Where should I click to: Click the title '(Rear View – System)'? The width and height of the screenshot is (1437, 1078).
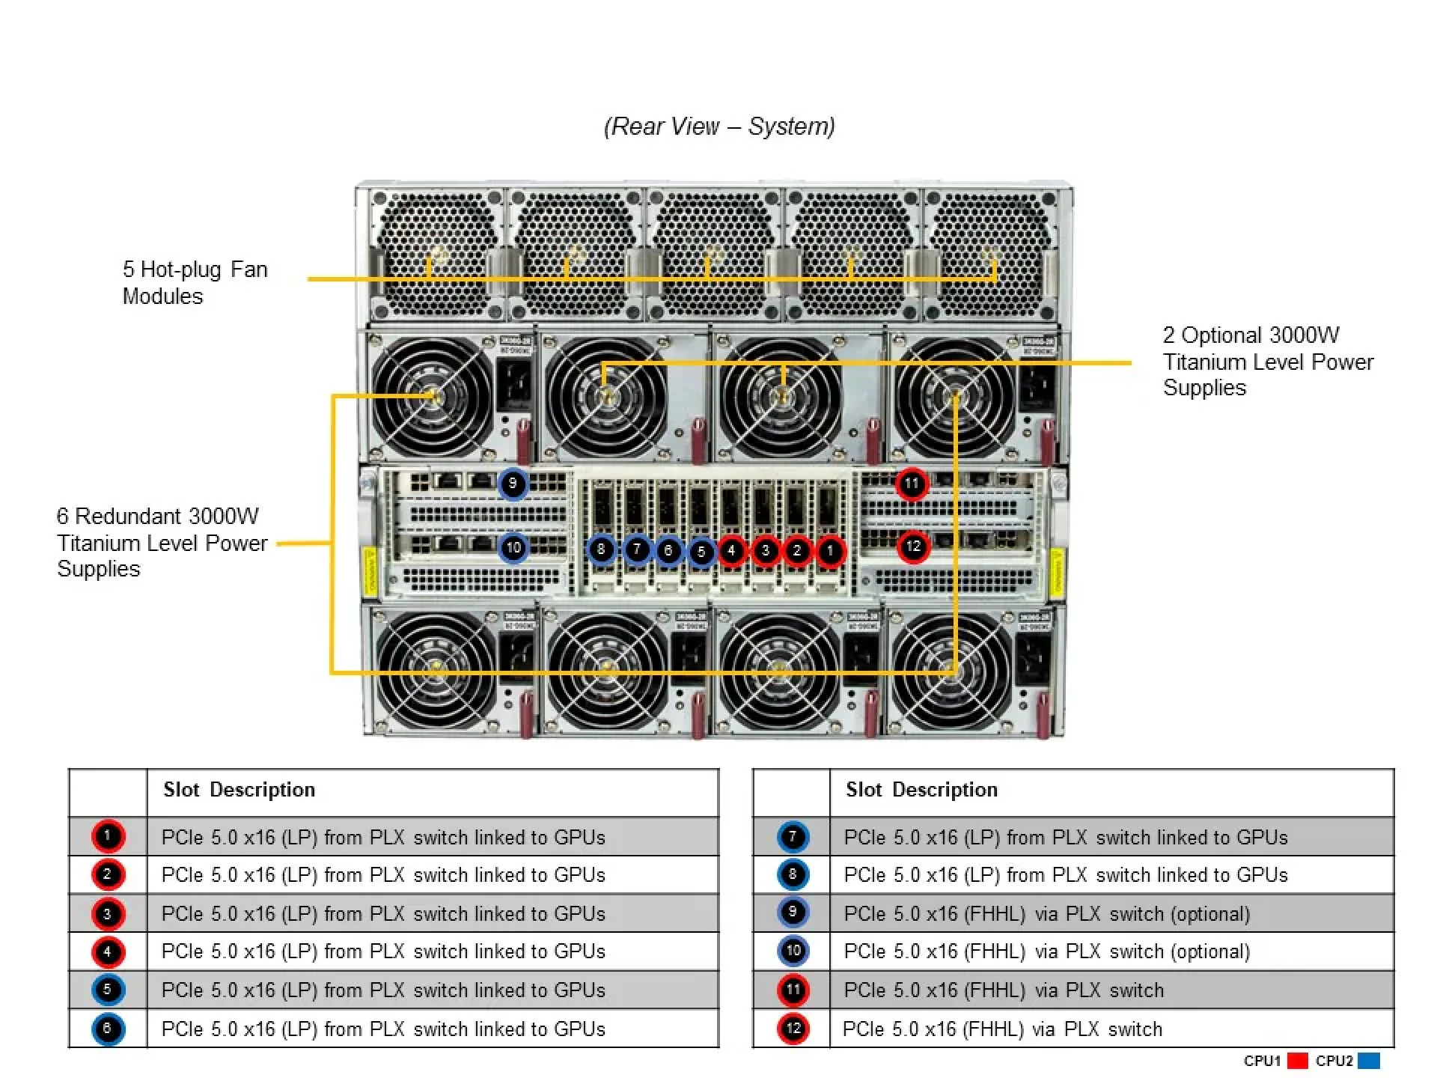719,126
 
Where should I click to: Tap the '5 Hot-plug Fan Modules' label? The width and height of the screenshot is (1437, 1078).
195,282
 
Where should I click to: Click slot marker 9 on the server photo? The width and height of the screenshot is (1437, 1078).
513,484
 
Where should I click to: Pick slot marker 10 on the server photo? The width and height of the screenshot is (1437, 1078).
513,547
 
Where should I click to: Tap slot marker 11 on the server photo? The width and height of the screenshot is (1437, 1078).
912,484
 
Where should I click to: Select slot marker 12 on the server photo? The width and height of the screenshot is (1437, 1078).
913,546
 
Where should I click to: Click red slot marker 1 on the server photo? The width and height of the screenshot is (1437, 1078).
829,551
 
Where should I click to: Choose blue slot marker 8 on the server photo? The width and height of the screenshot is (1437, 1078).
601,550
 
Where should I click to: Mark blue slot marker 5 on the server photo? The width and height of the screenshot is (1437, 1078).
701,552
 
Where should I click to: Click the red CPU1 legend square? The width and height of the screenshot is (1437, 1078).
1298,1061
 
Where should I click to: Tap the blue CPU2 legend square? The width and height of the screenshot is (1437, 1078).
1368,1061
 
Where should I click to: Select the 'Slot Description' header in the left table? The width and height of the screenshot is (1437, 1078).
239,790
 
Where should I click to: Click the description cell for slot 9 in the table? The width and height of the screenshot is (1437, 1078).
1046,913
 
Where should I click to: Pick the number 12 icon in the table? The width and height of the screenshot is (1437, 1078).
793,1029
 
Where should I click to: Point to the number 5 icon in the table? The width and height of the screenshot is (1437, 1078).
108,990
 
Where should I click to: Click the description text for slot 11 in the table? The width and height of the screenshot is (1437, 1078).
1003,990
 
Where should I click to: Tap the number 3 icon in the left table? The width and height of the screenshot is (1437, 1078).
108,913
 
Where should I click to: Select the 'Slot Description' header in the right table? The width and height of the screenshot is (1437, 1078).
921,790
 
